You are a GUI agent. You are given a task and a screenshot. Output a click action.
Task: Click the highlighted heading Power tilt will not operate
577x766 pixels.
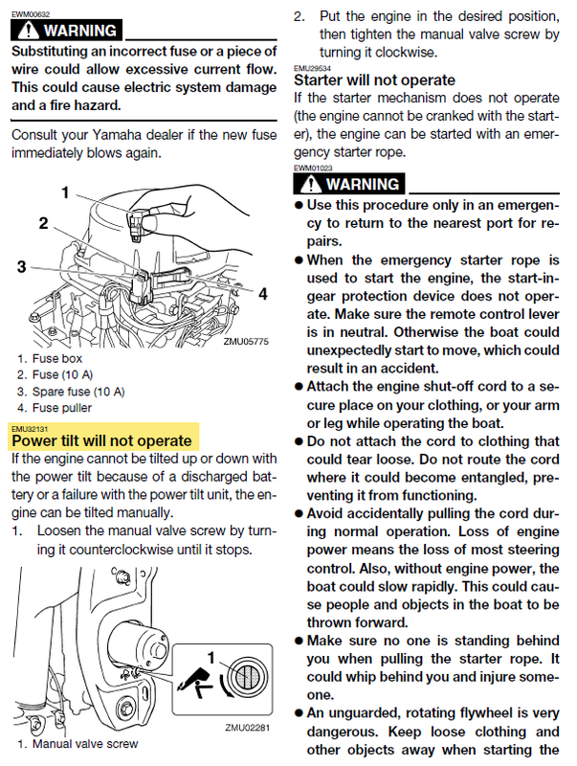coord(101,440)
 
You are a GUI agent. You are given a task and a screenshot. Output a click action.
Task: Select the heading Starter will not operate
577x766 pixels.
coord(374,80)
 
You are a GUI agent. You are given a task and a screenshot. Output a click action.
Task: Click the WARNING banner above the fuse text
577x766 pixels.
coord(66,30)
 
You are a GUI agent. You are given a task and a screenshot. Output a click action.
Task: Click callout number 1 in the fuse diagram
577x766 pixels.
coord(66,192)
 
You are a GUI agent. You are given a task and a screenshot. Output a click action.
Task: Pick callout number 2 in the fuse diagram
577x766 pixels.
coord(43,223)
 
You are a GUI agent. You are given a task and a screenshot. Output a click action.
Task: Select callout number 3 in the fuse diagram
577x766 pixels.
coord(21,267)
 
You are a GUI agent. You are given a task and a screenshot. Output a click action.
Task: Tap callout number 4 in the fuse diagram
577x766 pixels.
coord(262,294)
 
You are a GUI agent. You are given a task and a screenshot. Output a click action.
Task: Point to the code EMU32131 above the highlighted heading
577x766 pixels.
coord(29,428)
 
